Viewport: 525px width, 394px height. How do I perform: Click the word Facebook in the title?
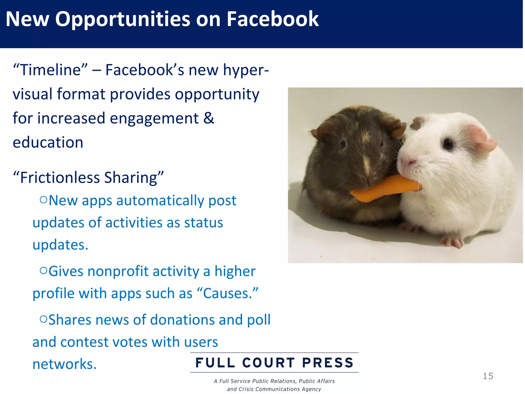coord(272,19)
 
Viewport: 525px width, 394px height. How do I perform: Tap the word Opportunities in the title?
coord(122,19)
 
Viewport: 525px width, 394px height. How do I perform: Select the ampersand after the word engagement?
coord(209,118)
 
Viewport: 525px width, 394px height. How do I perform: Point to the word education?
coord(48,142)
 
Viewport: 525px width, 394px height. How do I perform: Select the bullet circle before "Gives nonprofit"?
coord(44,270)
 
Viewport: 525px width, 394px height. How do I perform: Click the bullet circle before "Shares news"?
coord(44,319)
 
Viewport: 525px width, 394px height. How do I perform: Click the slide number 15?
coord(488,376)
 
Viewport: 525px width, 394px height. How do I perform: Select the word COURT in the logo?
coord(268,363)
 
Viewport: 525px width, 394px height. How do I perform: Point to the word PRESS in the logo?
coord(328,363)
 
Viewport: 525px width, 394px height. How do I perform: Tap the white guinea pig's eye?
coord(448,144)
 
